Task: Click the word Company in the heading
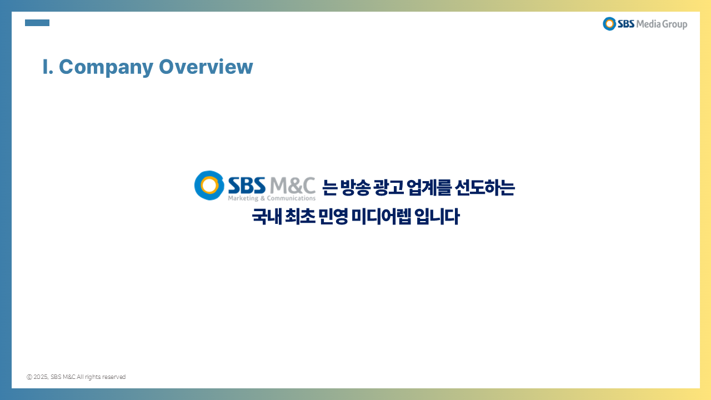pyautogui.click(x=106, y=67)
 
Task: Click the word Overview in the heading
pyautogui.click(x=206, y=67)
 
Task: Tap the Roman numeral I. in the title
pyautogui.click(x=48, y=67)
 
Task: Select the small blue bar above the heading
pyautogui.click(x=37, y=23)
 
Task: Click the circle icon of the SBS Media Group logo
pyautogui.click(x=609, y=24)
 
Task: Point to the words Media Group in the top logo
pyautogui.click(x=662, y=24)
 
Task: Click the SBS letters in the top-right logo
pyautogui.click(x=626, y=24)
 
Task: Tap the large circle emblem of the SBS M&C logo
pyautogui.click(x=209, y=186)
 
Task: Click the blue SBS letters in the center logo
pyautogui.click(x=247, y=185)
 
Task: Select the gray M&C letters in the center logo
pyautogui.click(x=292, y=186)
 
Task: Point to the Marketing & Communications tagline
pyautogui.click(x=272, y=198)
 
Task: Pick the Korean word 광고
pyautogui.click(x=388, y=187)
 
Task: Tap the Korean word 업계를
pyautogui.click(x=429, y=187)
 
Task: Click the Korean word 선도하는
pyautogui.click(x=485, y=187)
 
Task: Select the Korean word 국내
pyautogui.click(x=267, y=217)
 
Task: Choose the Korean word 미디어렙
pyautogui.click(x=381, y=217)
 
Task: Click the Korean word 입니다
pyautogui.click(x=437, y=217)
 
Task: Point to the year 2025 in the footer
pyautogui.click(x=41, y=377)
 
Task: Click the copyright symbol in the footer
pyautogui.click(x=29, y=377)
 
